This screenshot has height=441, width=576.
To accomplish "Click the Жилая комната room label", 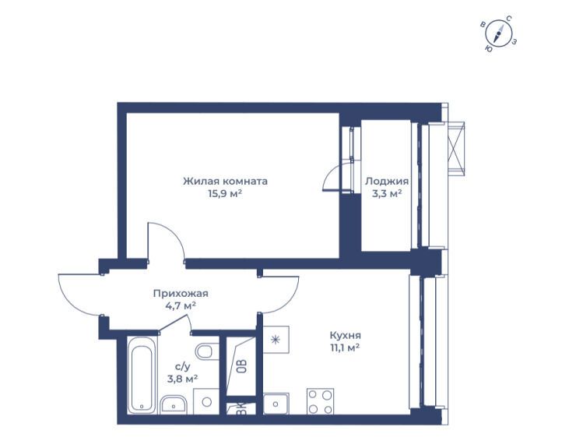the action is [225, 182].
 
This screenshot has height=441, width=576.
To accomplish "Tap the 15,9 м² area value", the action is [225, 193].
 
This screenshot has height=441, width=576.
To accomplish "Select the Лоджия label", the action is [387, 182].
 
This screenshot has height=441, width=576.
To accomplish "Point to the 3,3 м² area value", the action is [387, 193].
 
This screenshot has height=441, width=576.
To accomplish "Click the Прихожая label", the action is [181, 294].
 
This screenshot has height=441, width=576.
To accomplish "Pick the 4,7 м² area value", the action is [181, 305].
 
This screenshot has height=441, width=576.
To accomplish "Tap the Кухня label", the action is [346, 336].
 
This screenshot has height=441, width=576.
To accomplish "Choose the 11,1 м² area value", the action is [345, 348].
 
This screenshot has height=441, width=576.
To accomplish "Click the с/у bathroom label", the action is [183, 367].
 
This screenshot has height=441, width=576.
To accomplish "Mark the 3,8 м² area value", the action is [183, 379].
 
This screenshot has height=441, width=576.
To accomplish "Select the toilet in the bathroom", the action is [207, 351].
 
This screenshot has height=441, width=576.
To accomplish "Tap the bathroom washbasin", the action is [174, 404].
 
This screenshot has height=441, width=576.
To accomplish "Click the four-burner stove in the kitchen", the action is [321, 401].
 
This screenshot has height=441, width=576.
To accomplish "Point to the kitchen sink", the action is [276, 404].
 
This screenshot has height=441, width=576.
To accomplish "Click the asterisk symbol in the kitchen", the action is [275, 340].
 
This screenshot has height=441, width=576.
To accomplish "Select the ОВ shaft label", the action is [241, 366].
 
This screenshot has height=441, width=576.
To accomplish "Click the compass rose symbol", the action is [498, 34].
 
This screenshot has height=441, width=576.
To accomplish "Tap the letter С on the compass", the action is [509, 19].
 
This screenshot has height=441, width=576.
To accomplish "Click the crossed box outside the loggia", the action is [456, 147].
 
